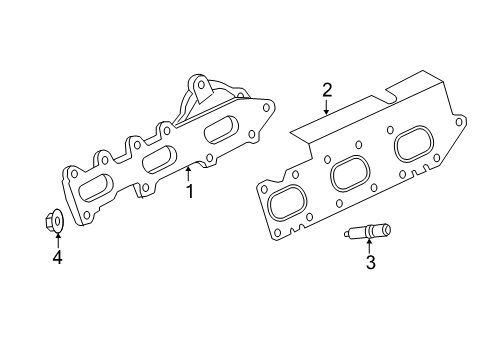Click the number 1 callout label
pyautogui.click(x=188, y=189)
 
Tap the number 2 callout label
pyautogui.click(x=326, y=91)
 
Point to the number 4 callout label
pyautogui.click(x=57, y=258)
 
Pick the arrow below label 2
pyautogui.click(x=326, y=108)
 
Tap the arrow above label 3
pyautogui.click(x=369, y=246)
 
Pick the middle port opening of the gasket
pyautogui.click(x=348, y=172)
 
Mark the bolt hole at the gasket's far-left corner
pyautogui.click(x=263, y=184)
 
